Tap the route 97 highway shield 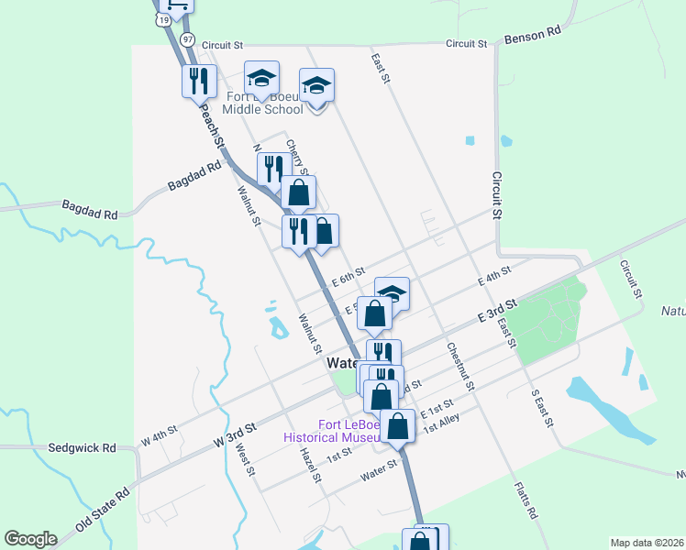click(x=187, y=39)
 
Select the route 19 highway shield click(x=163, y=19)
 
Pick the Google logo click(x=30, y=538)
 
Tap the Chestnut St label click(x=460, y=367)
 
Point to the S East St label click(x=542, y=408)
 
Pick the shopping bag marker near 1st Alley click(x=398, y=427)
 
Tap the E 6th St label click(x=349, y=274)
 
